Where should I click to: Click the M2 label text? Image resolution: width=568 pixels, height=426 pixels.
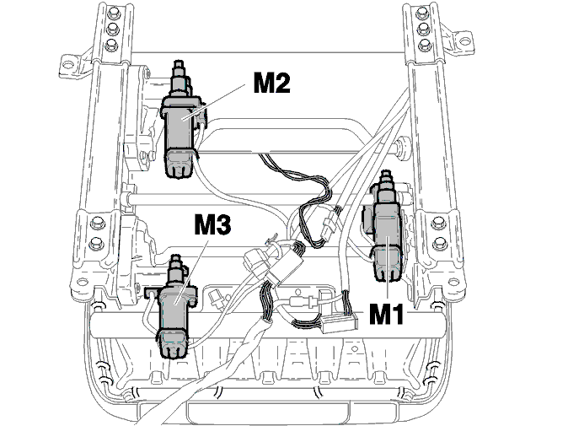point(271,83)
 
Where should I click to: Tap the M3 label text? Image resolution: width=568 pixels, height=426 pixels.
point(212,224)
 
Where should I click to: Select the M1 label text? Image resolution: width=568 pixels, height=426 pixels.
point(386,314)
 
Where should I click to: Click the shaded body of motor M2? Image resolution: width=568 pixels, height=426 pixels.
point(180,126)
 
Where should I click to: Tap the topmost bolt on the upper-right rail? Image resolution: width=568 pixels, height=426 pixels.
point(421,13)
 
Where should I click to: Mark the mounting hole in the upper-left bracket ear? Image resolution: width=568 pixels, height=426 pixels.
point(67,65)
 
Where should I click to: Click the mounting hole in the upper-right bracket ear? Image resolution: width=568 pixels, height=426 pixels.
point(464,41)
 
